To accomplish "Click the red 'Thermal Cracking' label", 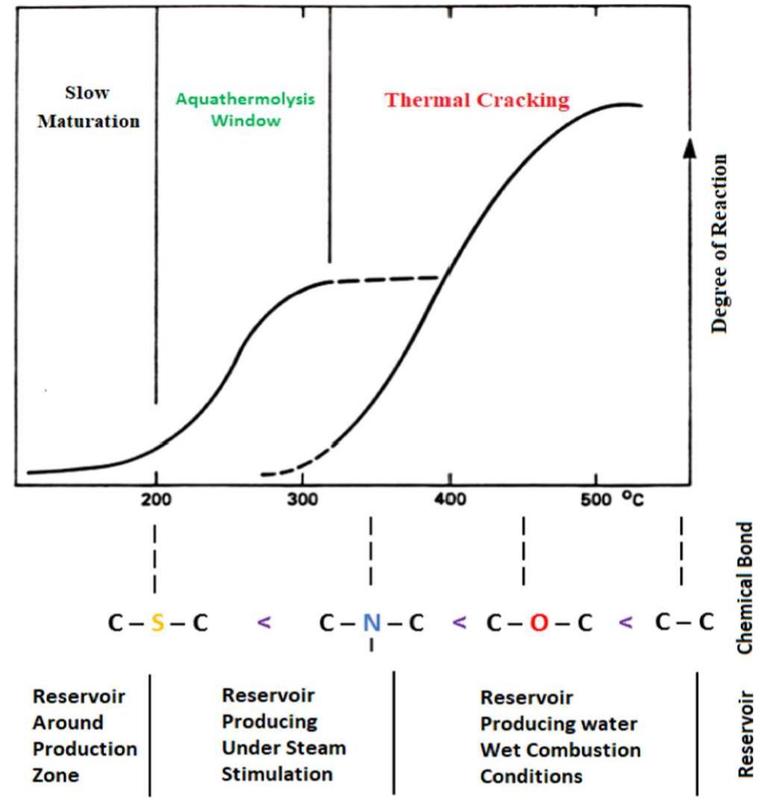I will tap(477, 100).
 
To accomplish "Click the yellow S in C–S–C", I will tap(157, 623).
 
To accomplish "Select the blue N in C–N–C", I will tap(371, 623).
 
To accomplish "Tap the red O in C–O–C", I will tap(538, 623).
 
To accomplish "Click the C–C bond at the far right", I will tap(684, 622).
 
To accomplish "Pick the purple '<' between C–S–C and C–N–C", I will tap(264, 621).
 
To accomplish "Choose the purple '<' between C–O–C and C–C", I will tap(627, 621).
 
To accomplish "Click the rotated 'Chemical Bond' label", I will tap(744, 588).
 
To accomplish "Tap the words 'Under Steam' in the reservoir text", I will tap(283, 747).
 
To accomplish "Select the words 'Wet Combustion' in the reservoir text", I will tap(560, 750).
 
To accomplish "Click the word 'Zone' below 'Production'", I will tap(56, 775).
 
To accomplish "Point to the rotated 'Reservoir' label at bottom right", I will tap(744, 735).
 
